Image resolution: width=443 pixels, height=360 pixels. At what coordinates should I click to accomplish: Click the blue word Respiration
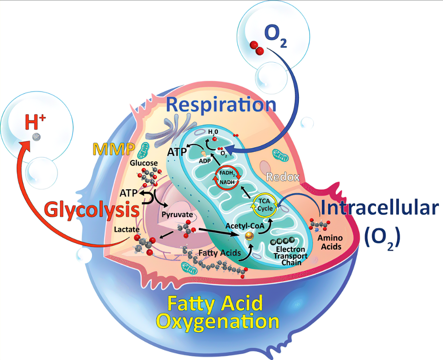(221, 105)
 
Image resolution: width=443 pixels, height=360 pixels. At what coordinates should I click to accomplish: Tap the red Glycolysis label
(92, 210)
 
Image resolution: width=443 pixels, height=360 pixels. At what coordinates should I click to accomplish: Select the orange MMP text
(114, 149)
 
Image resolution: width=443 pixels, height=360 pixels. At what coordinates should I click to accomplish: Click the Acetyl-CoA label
(245, 226)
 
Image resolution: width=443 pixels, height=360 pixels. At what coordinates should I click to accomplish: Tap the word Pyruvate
(177, 215)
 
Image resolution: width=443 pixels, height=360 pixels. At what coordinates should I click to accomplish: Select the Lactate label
(127, 229)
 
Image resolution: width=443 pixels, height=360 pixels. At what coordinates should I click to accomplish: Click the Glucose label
(144, 163)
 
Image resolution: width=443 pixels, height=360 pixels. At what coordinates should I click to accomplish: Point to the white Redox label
(283, 177)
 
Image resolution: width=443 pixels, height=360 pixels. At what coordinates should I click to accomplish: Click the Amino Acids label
(330, 242)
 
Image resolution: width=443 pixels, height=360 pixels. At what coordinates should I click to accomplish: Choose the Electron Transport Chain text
(290, 256)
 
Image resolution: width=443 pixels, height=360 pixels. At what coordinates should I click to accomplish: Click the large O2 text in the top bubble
(275, 36)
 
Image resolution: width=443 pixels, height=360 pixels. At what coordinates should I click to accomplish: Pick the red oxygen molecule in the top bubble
(257, 48)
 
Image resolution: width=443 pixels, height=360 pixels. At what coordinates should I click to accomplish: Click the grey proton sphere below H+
(36, 137)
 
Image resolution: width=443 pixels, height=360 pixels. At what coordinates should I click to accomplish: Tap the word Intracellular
(380, 208)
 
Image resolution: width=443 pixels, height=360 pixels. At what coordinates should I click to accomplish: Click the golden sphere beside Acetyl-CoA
(249, 236)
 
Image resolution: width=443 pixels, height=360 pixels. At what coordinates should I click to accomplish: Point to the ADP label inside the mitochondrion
(205, 161)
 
